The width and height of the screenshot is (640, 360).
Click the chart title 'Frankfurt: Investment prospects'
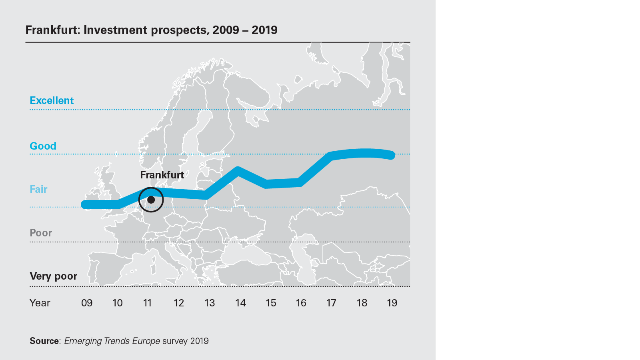click(151, 30)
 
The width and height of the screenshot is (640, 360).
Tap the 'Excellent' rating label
click(52, 100)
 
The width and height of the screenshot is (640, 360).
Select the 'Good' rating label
click(43, 146)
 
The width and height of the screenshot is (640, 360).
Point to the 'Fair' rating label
click(38, 189)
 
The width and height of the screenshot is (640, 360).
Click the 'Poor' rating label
click(41, 233)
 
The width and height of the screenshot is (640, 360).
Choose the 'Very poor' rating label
click(53, 276)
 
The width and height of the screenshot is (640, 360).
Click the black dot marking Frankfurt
click(151, 199)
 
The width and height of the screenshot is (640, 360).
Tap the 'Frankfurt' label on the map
click(162, 175)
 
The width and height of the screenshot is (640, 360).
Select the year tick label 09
click(87, 303)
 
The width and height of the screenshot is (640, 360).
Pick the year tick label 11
click(148, 303)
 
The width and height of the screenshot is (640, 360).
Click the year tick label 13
click(210, 303)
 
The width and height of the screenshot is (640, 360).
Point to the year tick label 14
click(240, 303)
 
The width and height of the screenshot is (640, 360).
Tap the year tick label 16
click(301, 303)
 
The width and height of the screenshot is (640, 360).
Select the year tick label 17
click(331, 303)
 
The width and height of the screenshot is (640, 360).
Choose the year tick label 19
click(392, 303)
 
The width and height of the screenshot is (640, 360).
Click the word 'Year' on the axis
click(40, 303)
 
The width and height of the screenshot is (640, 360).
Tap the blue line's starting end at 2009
click(85, 204)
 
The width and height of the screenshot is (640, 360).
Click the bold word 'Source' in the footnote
click(44, 341)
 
